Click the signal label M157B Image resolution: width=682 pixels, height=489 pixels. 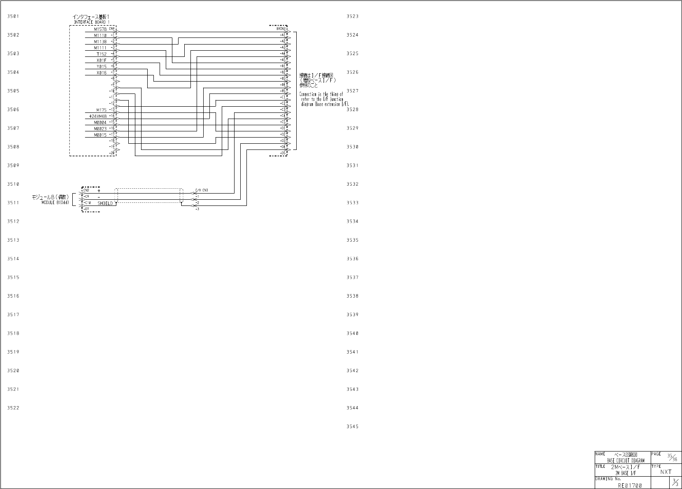point(100,29)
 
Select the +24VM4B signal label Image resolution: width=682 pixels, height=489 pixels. point(98,116)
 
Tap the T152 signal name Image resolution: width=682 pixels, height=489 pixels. point(101,54)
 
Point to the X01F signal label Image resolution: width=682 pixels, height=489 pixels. point(101,60)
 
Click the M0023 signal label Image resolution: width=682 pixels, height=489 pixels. point(100,128)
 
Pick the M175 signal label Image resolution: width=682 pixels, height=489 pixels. point(101,110)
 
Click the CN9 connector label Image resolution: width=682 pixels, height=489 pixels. point(112,29)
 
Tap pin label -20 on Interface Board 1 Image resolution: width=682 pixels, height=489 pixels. point(112,153)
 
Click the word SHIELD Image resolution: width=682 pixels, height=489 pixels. point(105,203)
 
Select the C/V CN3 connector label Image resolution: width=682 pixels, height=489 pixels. point(201,190)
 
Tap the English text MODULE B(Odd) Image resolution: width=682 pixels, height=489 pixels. point(56,202)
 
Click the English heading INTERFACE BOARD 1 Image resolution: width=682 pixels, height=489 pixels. point(92,22)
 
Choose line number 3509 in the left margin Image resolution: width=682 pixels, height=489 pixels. point(13,165)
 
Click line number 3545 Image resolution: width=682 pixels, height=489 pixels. point(352,426)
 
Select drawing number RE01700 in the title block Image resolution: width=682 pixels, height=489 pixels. point(630,485)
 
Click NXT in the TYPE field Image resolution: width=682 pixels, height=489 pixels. point(666,472)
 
